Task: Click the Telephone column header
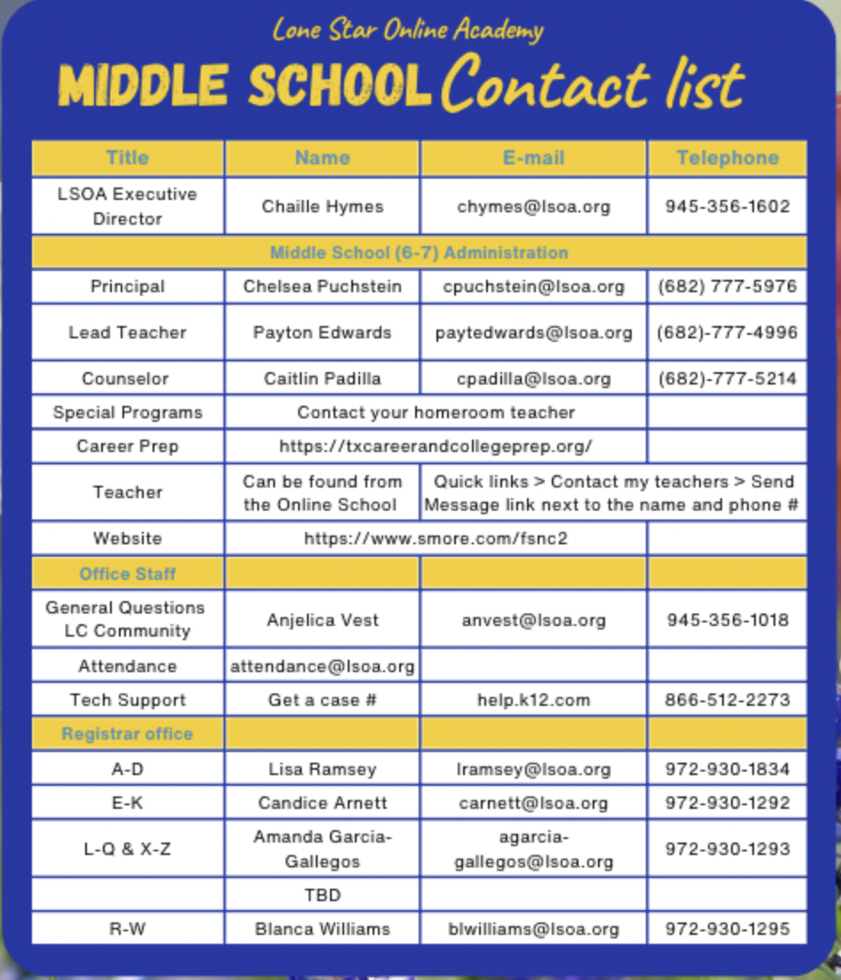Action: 727,158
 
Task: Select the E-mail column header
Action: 533,158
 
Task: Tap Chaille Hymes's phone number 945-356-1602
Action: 727,207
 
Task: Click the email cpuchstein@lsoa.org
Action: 533,287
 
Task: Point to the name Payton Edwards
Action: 322,333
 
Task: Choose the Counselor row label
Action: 128,379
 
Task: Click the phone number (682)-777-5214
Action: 727,379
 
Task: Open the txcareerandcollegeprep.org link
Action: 436,447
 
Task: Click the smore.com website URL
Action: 436,539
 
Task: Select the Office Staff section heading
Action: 128,574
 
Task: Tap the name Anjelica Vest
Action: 322,620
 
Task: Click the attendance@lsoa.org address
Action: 322,667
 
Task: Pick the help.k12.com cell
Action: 533,700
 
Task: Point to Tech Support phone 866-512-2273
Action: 727,700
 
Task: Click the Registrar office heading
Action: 128,734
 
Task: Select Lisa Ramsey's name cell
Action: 322,770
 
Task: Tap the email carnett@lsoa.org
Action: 533,803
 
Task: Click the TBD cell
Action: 322,896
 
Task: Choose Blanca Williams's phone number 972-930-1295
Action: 727,929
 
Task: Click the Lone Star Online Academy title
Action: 408,31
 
